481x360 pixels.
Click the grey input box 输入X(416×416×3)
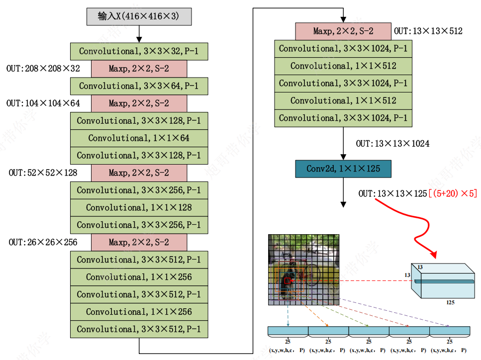pos(139,16)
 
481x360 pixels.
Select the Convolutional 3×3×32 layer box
pos(139,51)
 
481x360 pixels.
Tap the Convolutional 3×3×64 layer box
pos(139,86)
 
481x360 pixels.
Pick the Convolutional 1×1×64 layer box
pos(139,138)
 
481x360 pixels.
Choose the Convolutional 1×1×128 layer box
pos(139,207)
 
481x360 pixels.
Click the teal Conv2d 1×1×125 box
pos(343,169)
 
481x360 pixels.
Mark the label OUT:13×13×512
pos(428,31)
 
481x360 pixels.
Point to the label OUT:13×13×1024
pos(393,144)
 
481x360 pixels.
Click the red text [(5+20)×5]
pos(453,193)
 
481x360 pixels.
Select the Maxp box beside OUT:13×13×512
pos(343,31)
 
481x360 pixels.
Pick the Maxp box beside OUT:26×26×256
pos(139,242)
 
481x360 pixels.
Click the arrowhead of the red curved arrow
pos(433,256)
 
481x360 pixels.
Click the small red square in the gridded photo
pos(287,281)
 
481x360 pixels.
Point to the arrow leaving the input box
pos(139,33)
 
